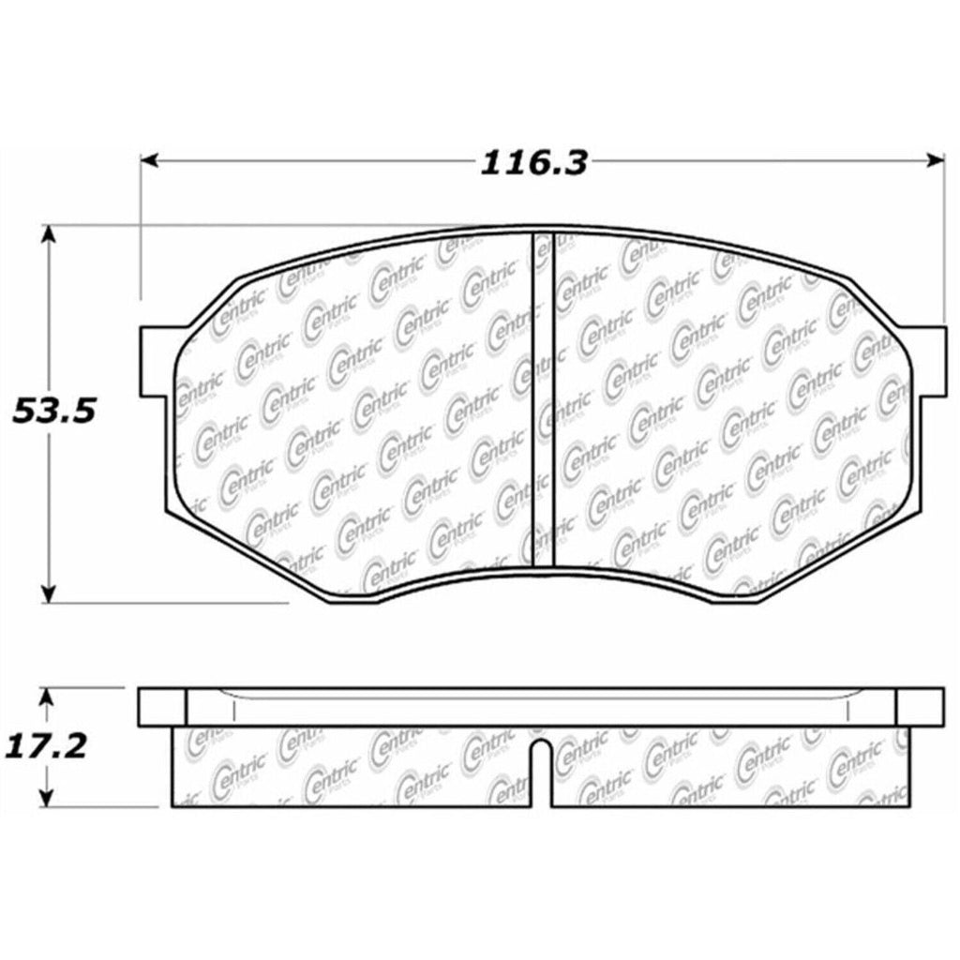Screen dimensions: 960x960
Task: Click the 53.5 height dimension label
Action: tap(54, 411)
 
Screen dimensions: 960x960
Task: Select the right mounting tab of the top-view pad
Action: tap(928, 361)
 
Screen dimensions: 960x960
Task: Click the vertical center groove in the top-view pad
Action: tap(544, 398)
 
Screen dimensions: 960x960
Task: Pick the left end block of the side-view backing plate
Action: tap(162, 707)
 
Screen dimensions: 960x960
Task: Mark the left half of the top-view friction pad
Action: tap(356, 412)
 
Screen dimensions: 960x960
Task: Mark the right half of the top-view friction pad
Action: tap(731, 412)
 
